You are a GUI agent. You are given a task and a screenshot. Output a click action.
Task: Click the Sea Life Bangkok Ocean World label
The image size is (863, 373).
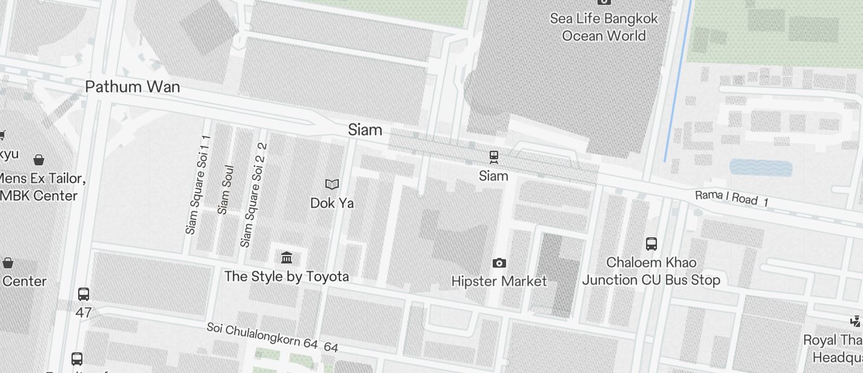pyautogui.click(x=604, y=27)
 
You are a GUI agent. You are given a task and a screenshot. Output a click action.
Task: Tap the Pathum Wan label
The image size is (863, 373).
pyautogui.click(x=133, y=87)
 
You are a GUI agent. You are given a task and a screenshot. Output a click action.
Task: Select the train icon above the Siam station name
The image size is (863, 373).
pyautogui.click(x=494, y=157)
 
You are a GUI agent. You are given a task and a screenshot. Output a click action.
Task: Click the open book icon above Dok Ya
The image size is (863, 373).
pyautogui.click(x=332, y=184)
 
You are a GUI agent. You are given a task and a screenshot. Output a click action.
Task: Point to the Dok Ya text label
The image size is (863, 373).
pyautogui.click(x=332, y=203)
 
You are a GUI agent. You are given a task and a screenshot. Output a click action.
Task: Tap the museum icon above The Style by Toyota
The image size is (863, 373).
pyautogui.click(x=287, y=258)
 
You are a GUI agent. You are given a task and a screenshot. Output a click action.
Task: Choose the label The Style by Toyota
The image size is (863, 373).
pyautogui.click(x=287, y=277)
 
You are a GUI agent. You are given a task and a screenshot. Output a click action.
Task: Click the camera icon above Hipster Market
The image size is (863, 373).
pyautogui.click(x=499, y=263)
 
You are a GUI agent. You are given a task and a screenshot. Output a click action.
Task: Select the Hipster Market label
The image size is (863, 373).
pyautogui.click(x=499, y=281)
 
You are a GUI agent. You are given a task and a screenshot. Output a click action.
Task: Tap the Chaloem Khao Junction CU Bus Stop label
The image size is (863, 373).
pyautogui.click(x=651, y=271)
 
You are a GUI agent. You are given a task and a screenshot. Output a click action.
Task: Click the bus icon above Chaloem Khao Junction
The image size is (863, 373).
pyautogui.click(x=651, y=244)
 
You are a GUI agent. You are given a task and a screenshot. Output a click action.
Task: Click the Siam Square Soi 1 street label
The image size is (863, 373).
pyautogui.click(x=198, y=185)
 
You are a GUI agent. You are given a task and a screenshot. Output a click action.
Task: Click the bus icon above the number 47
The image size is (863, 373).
pyautogui.click(x=84, y=294)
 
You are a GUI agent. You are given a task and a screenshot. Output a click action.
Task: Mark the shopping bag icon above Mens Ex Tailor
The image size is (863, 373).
pyautogui.click(x=39, y=160)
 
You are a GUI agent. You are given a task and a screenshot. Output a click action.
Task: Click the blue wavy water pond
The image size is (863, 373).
pyautogui.click(x=761, y=168)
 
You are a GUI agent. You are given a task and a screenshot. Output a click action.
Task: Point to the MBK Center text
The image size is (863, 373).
pyautogui.click(x=40, y=196)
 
